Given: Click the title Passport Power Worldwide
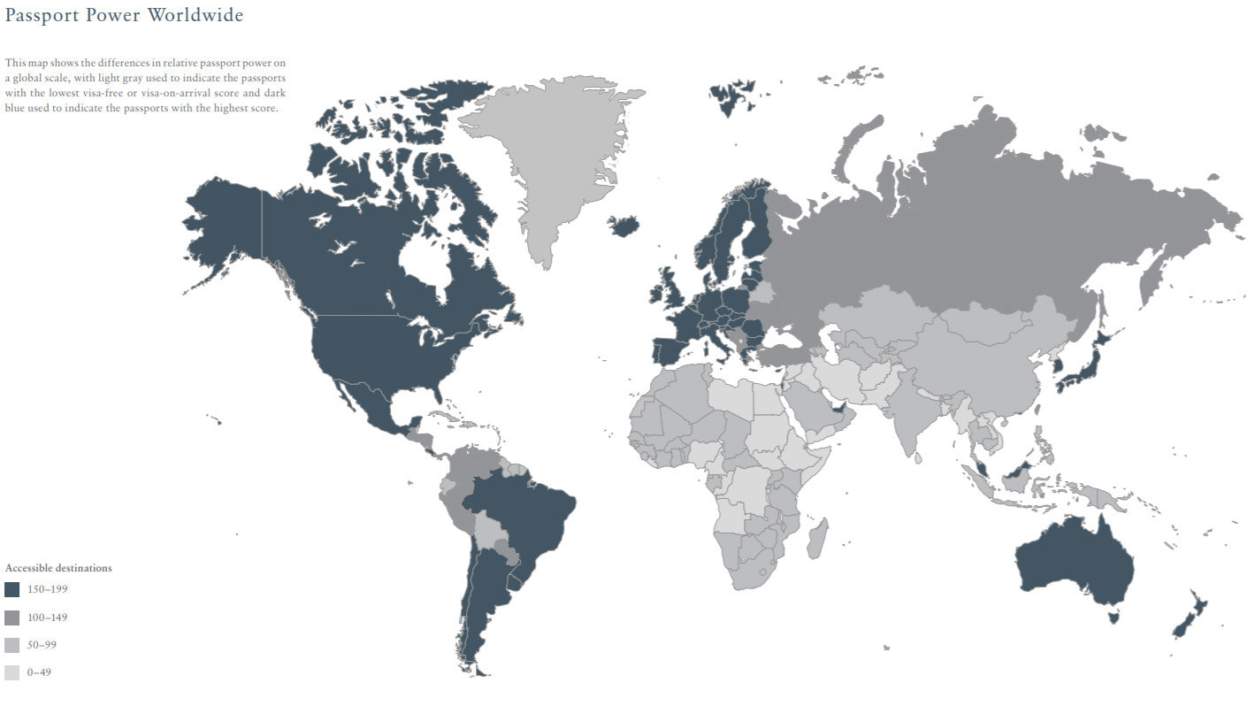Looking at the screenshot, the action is pos(124,15).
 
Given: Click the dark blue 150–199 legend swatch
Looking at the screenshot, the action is pos(11,589).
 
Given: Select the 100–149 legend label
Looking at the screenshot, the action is pos(47,618).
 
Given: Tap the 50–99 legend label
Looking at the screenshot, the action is pos(42,645).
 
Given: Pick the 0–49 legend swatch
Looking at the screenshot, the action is pos(11,673).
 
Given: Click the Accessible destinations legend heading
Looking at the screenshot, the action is pos(58,568).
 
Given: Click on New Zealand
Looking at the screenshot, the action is pos(1190,615).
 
